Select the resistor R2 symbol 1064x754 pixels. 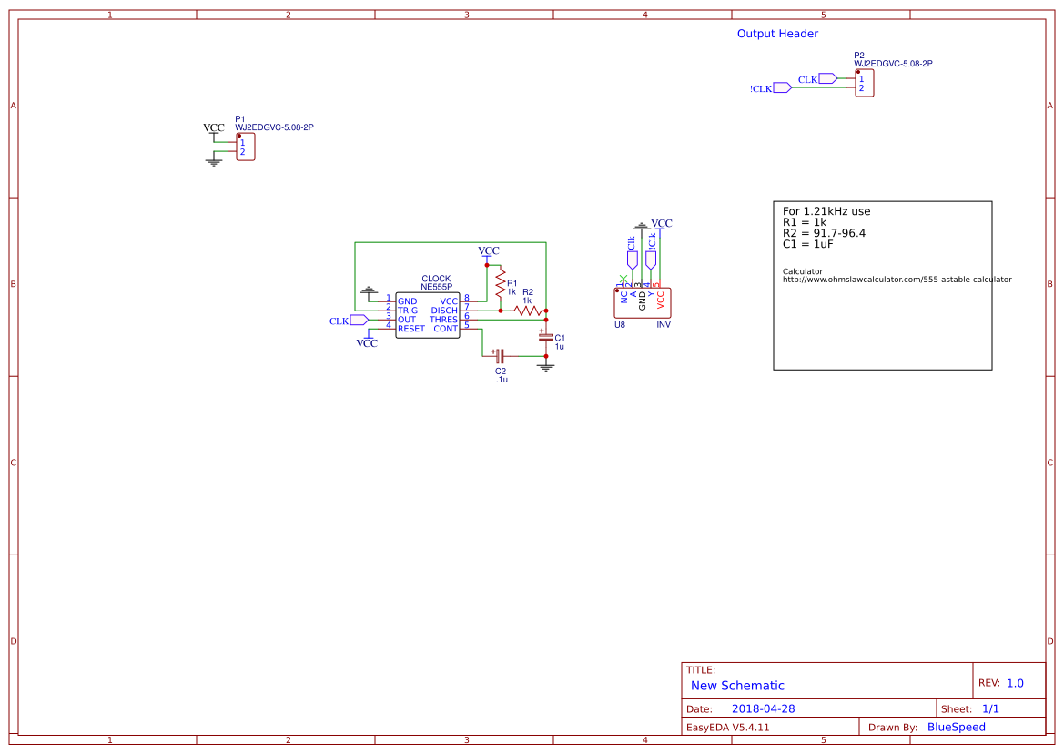click(528, 311)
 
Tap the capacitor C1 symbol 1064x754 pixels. click(546, 337)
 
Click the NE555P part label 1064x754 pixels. click(436, 287)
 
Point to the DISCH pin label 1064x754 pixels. click(444, 311)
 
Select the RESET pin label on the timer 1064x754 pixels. click(411, 329)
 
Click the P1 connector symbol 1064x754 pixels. click(245, 147)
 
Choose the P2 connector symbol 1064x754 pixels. click(865, 84)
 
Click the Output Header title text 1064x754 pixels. click(776, 34)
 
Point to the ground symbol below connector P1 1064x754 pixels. click(215, 162)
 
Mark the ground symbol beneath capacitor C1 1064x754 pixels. click(546, 367)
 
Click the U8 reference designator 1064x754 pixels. click(620, 324)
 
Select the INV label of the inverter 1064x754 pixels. click(664, 324)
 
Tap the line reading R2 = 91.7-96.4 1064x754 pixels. click(824, 233)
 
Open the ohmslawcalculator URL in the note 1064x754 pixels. click(897, 280)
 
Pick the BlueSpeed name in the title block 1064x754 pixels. click(956, 727)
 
